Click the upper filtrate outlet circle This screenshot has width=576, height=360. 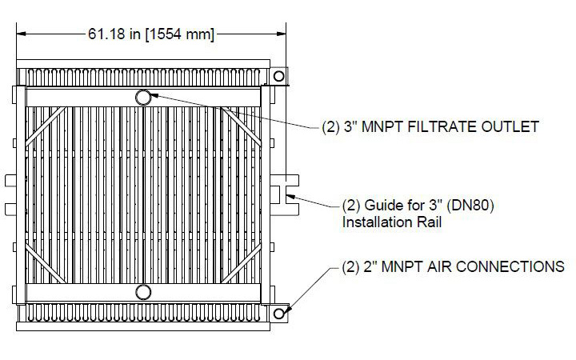point(144,98)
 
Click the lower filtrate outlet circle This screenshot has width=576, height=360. point(144,292)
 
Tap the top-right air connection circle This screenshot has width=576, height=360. point(278,76)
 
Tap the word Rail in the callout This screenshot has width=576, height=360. point(428,222)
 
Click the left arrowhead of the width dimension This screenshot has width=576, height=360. point(21,34)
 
